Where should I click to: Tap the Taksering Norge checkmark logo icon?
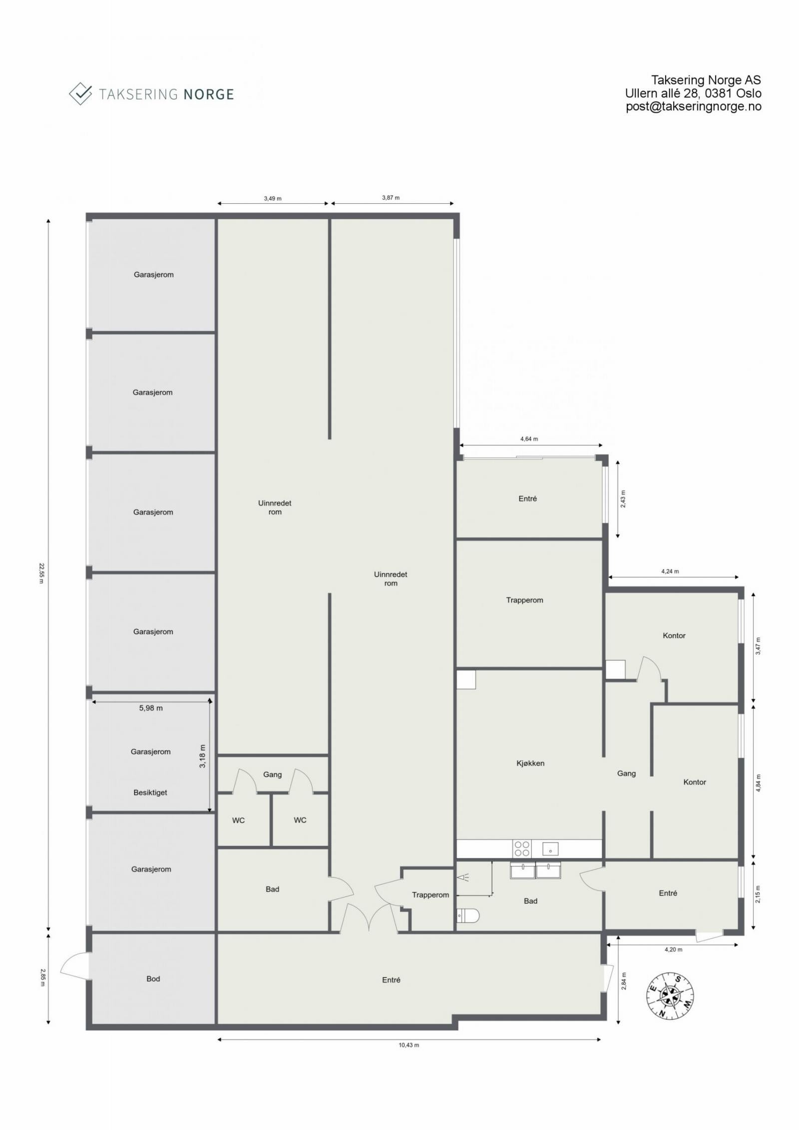point(80,93)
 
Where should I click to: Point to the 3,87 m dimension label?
point(391,197)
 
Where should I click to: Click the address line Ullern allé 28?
point(693,93)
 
